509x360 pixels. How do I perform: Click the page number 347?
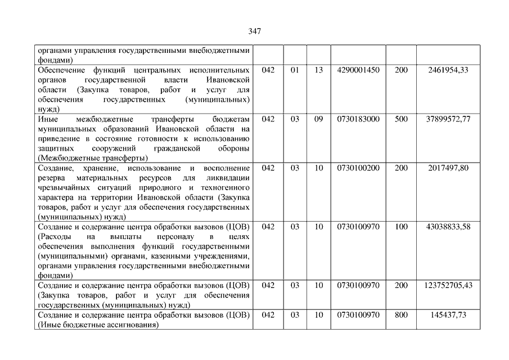[x=254, y=31]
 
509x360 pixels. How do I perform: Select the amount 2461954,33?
[x=448, y=70]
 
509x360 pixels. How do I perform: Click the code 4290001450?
[x=358, y=70]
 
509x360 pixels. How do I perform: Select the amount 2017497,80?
[x=448, y=168]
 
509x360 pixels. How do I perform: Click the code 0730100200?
[x=358, y=168]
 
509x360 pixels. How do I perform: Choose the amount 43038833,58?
[x=448, y=226]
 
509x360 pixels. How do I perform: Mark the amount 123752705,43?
[x=448, y=285]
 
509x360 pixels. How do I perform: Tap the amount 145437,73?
[x=448, y=314]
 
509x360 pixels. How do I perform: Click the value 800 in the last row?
[x=401, y=314]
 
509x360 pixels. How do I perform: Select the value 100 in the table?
[x=401, y=226]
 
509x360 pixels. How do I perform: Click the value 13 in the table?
[x=319, y=70]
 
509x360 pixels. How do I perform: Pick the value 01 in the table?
[x=295, y=70]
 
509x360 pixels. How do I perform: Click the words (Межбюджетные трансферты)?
[x=93, y=157]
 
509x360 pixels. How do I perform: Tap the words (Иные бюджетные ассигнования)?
[x=96, y=325]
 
